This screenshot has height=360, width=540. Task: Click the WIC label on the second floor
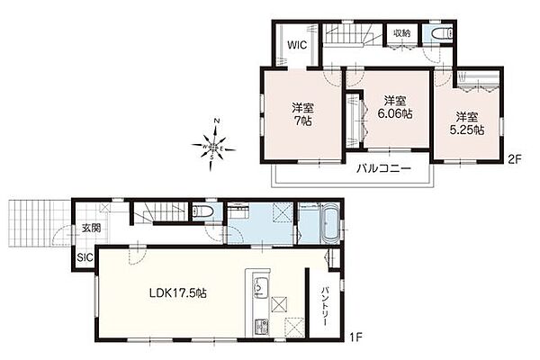[297, 45]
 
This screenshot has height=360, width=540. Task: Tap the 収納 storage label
[402, 33]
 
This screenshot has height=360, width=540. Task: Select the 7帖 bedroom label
[303, 114]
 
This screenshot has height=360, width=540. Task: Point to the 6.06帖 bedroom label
[395, 107]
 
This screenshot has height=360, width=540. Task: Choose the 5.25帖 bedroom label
[467, 123]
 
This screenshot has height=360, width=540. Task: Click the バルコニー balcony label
[383, 169]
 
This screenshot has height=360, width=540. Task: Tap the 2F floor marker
[514, 159]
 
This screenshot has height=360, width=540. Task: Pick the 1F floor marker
[355, 337]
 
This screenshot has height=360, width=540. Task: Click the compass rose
[213, 146]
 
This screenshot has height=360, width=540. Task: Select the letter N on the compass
[217, 121]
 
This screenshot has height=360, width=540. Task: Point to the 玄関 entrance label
[91, 228]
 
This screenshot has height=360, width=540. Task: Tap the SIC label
[85, 257]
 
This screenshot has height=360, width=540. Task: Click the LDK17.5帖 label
[177, 293]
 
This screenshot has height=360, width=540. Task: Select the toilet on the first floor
[200, 211]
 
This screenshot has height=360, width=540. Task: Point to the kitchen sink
[258, 286]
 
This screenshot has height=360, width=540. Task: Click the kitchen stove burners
[260, 326]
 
